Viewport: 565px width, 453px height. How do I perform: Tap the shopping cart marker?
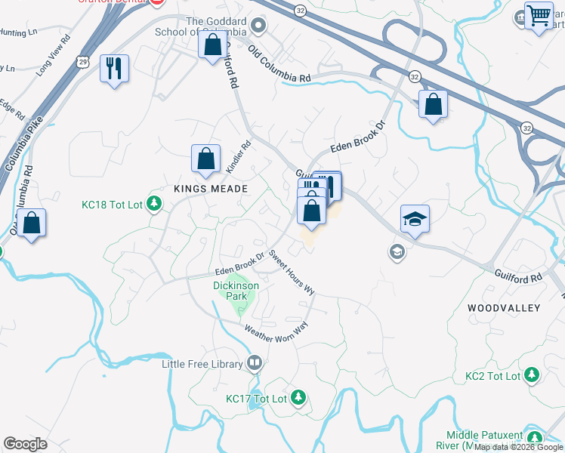pyautogui.click(x=538, y=16)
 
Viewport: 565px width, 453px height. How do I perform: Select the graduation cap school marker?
pyautogui.click(x=414, y=219)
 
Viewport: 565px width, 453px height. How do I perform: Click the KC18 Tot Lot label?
pyautogui.click(x=112, y=204)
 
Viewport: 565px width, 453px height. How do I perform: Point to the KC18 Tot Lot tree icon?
pyautogui.click(x=154, y=203)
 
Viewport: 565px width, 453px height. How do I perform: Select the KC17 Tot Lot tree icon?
pyautogui.click(x=298, y=397)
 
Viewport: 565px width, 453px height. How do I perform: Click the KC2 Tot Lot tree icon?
pyautogui.click(x=532, y=375)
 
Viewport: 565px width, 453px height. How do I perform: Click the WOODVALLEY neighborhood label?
pyautogui.click(x=504, y=308)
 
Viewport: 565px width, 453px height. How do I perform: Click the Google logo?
pyautogui.click(x=25, y=444)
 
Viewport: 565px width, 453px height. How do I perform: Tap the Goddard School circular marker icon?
pyautogui.click(x=258, y=27)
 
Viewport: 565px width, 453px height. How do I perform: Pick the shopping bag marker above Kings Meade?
pyautogui.click(x=205, y=160)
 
